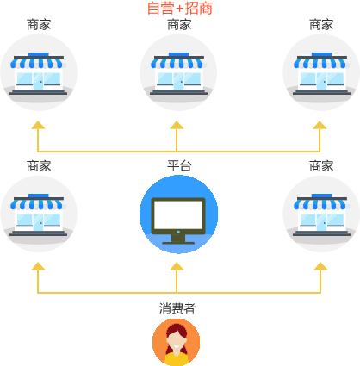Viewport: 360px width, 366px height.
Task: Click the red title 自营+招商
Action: pyautogui.click(x=180, y=8)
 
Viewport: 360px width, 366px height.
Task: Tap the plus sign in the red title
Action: pyautogui.click(x=180, y=9)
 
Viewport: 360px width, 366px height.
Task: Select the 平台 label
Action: pyautogui.click(x=179, y=166)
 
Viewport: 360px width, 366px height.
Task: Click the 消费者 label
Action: pyautogui.click(x=177, y=308)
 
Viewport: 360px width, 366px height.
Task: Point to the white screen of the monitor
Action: pyautogui.click(x=178, y=214)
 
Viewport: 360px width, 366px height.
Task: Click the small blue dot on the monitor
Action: pyautogui.click(x=178, y=232)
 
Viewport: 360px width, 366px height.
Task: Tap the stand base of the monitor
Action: pyautogui.click(x=178, y=243)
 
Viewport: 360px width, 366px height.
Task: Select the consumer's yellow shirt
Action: pyautogui.click(x=177, y=359)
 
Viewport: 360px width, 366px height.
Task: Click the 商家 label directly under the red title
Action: pyautogui.click(x=179, y=25)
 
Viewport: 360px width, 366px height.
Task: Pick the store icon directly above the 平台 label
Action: pyautogui.click(x=178, y=72)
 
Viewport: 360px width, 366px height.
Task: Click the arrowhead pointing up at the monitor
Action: pyautogui.click(x=177, y=266)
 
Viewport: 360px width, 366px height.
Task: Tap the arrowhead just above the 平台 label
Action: pyautogui.click(x=177, y=125)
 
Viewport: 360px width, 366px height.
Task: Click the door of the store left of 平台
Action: pyautogui.click(x=38, y=222)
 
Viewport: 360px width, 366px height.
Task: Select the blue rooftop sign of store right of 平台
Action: pyautogui.click(x=322, y=195)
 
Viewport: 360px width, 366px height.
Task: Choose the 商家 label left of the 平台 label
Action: pyautogui.click(x=39, y=166)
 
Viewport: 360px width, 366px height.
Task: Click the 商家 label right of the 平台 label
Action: pyautogui.click(x=321, y=166)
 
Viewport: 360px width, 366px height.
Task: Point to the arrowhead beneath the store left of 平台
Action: pyautogui.click(x=38, y=266)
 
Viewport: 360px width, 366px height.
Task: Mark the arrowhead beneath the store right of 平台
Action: pyautogui.click(x=320, y=266)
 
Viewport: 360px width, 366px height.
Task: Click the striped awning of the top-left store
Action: pyautogui.click(x=37, y=63)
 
